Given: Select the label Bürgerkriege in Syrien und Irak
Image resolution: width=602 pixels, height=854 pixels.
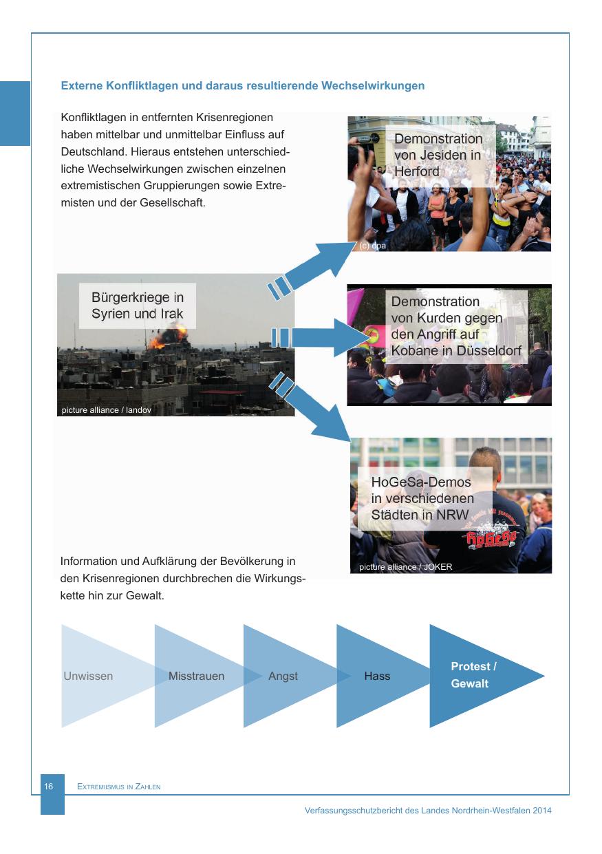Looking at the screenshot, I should click(x=138, y=308).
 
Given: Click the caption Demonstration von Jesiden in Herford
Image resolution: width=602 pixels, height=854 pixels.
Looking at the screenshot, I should click(x=438, y=155).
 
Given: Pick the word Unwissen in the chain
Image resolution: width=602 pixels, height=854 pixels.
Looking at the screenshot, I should click(x=88, y=676).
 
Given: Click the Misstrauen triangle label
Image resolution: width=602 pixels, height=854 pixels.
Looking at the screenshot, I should click(x=196, y=676).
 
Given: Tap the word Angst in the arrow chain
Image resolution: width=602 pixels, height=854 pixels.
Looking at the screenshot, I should click(x=283, y=676).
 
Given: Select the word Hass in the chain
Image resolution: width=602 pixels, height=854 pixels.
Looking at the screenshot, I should click(x=377, y=676).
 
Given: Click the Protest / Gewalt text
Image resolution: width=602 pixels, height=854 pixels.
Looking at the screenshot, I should click(x=473, y=675).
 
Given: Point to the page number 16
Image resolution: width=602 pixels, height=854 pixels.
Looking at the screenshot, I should click(x=49, y=786).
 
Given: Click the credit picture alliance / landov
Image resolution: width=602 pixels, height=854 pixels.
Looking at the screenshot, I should click(x=106, y=411).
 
